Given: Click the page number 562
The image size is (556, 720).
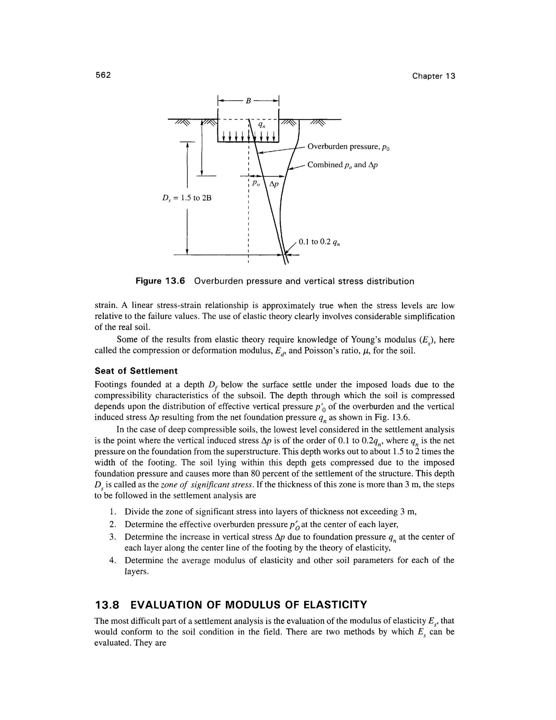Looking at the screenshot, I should point(103,75).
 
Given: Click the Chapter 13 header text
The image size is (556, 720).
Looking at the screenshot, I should point(434,76).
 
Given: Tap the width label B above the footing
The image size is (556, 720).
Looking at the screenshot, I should point(248,102).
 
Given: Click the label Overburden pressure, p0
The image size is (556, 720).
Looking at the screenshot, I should point(348,147).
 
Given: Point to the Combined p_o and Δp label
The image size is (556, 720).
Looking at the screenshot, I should point(342,165).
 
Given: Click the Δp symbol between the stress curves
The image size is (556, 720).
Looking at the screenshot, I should point(274,184).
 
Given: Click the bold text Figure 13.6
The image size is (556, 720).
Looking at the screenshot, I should point(160,281).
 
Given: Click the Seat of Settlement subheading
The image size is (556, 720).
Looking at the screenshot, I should point(136,371).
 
